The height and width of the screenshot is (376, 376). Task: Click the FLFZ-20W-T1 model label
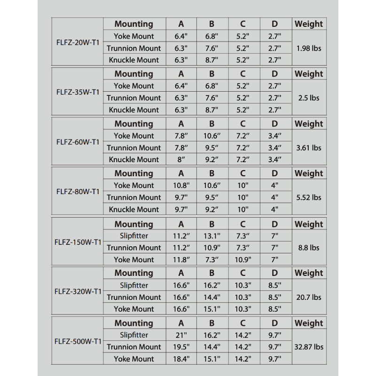(x=78, y=42)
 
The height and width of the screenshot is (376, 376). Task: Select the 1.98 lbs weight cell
(x=309, y=48)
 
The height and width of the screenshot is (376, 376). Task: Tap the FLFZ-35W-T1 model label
(x=78, y=92)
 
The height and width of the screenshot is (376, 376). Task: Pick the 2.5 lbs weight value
(x=309, y=98)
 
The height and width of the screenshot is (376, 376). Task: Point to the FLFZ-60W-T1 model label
(x=78, y=142)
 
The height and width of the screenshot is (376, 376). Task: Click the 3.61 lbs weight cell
(x=309, y=148)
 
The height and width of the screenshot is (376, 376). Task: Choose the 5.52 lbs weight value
(x=309, y=197)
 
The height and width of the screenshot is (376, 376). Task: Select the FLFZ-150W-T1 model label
(x=78, y=243)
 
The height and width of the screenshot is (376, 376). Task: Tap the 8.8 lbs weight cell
(x=309, y=248)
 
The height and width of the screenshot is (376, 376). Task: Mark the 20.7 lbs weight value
(x=309, y=297)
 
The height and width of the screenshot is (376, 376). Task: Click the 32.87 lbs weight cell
(x=309, y=347)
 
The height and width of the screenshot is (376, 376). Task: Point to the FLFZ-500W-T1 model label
(x=78, y=342)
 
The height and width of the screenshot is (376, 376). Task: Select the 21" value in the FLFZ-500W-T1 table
(x=181, y=335)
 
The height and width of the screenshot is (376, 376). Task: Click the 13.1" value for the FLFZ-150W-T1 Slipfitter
(x=212, y=235)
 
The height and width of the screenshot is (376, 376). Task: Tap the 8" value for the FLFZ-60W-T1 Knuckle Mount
(x=181, y=159)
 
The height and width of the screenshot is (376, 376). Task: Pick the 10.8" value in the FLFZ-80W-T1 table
(x=181, y=185)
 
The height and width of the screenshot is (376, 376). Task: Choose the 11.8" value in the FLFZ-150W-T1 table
(x=181, y=259)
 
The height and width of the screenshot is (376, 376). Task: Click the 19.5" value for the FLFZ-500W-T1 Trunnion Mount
(x=181, y=347)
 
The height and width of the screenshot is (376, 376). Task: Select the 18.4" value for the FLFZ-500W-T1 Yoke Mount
(x=181, y=359)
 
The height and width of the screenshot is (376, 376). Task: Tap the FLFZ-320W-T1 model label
(x=78, y=291)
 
